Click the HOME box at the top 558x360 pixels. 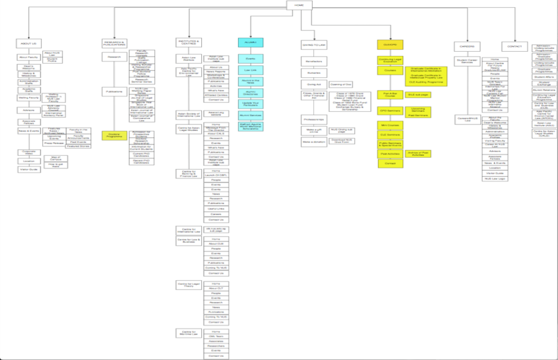click(299, 5)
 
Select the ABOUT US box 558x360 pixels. click(29, 43)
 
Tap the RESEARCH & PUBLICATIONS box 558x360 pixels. click(114, 43)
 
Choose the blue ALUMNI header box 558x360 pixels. click(250, 43)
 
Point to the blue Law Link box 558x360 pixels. click(250, 70)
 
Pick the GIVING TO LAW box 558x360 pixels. click(314, 45)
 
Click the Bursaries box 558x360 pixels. click(314, 73)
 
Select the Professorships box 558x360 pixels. click(314, 118)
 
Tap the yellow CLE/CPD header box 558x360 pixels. click(390, 44)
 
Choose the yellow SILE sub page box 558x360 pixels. click(417, 95)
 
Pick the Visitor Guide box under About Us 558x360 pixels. click(29, 170)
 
